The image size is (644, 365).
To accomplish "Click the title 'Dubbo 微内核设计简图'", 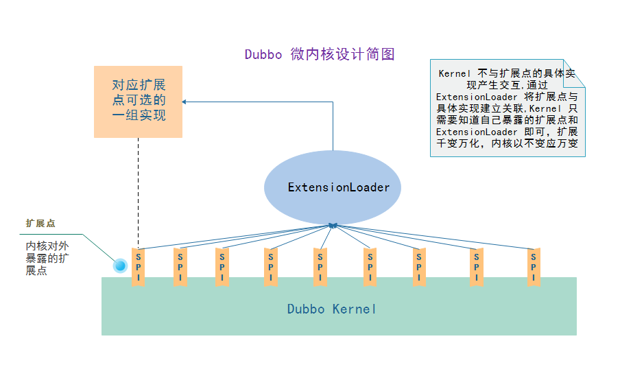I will [320, 55].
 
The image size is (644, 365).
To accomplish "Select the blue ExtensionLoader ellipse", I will [333, 187].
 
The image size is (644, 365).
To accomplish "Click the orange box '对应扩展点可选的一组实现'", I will [138, 101].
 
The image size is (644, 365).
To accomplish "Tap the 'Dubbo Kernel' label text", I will [332, 309].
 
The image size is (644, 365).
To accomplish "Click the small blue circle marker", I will [120, 265].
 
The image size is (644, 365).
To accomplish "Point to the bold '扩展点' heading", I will [40, 224].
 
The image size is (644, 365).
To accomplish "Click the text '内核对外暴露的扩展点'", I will [47, 258].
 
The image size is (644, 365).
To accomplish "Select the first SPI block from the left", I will [139, 267].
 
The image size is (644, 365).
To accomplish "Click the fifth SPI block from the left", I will [320, 267].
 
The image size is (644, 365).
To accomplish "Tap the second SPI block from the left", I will [180, 267].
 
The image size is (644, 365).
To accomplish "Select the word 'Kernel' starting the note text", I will [455, 73].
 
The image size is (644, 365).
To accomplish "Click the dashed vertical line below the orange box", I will [138, 192].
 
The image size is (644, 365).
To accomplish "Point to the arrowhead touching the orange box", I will [185, 102].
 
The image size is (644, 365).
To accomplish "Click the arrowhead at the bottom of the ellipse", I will [333, 224].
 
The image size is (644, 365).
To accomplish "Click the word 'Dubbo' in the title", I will [263, 55].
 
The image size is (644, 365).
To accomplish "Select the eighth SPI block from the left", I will [475, 267].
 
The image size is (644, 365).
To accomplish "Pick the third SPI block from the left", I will [222, 267].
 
